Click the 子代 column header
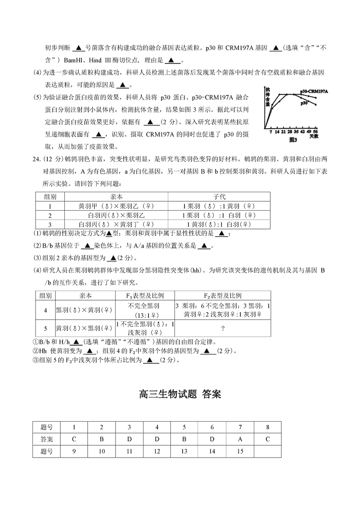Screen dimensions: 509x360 click(219, 197)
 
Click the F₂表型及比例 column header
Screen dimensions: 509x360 click(223, 296)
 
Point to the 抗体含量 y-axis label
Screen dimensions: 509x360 click(267, 96)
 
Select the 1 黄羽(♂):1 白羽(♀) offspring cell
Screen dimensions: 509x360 click(219, 224)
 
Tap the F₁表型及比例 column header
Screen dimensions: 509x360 click(145, 296)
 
